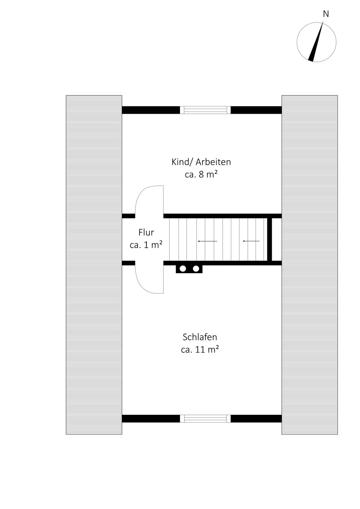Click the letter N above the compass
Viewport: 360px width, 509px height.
click(x=326, y=14)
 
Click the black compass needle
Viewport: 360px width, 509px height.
click(x=316, y=42)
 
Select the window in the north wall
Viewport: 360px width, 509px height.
click(x=205, y=110)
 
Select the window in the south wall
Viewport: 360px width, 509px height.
click(x=205, y=419)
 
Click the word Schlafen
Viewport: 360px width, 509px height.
click(x=200, y=337)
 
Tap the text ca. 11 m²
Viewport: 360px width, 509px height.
click(x=200, y=350)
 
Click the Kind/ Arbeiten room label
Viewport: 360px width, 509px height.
click(x=201, y=162)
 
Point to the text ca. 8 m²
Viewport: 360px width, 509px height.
click(x=201, y=175)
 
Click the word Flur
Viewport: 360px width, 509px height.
click(x=146, y=232)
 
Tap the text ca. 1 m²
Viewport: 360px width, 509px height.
click(x=146, y=245)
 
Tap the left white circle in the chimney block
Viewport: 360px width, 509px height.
click(x=183, y=269)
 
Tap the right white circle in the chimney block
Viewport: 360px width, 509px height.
click(x=196, y=269)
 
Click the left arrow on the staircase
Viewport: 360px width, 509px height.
click(x=208, y=241)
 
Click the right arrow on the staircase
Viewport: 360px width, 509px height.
click(x=251, y=241)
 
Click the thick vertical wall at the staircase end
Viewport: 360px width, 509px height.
click(x=270, y=240)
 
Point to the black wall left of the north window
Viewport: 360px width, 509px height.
click(x=151, y=110)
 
